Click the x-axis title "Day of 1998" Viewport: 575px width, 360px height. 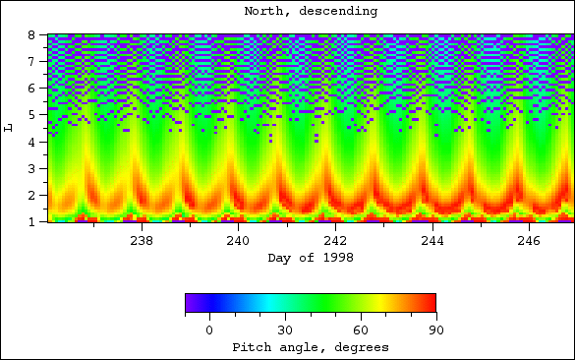click(x=310, y=258)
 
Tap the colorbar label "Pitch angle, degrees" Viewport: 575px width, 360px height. click(x=310, y=347)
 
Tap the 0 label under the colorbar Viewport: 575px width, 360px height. click(x=209, y=330)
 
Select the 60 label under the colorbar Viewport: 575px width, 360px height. click(x=360, y=330)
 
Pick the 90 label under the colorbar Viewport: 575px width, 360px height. click(x=434, y=330)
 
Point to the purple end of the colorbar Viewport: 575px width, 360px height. click(x=189, y=303)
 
